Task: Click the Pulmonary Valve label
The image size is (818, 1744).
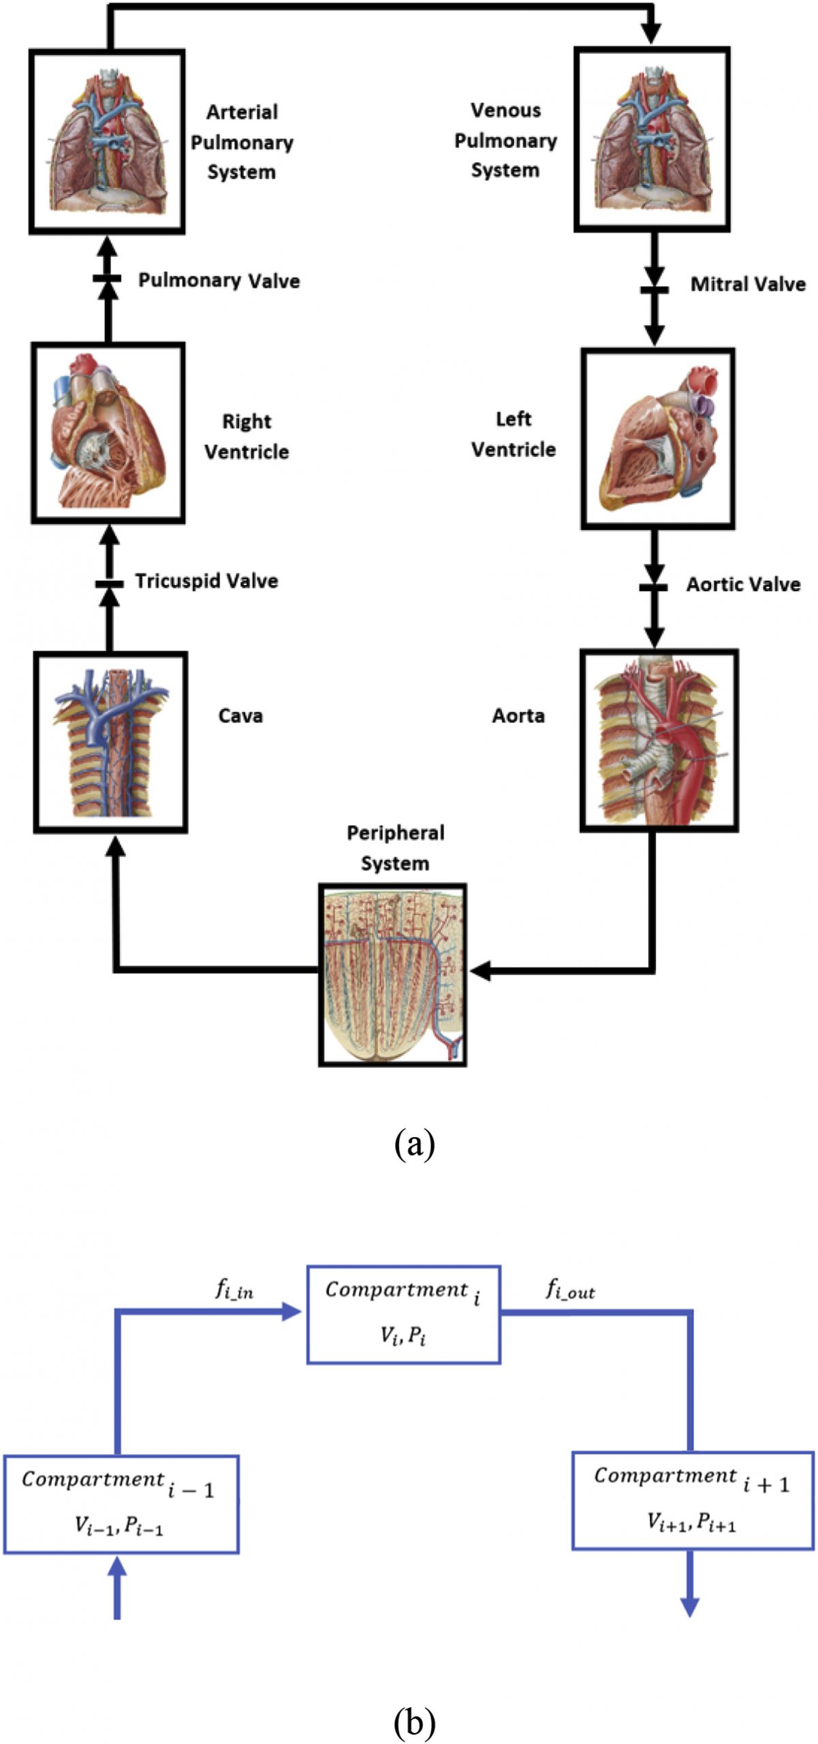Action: click(x=219, y=280)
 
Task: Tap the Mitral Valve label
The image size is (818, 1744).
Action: click(x=747, y=284)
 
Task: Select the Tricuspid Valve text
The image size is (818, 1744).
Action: click(x=206, y=581)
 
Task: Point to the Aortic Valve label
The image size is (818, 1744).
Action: click(x=743, y=585)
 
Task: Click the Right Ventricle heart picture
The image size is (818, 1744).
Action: click(x=108, y=433)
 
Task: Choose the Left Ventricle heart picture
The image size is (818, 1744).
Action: click(x=657, y=439)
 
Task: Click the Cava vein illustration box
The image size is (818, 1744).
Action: click(x=110, y=743)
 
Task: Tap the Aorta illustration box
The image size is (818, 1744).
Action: click(x=659, y=741)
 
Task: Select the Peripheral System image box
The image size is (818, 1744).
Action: click(x=393, y=975)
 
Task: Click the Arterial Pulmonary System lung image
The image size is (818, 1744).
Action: click(x=107, y=142)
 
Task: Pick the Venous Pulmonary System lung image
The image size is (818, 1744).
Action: click(x=652, y=140)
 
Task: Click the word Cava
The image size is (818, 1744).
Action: click(x=240, y=715)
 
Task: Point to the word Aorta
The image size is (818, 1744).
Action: click(x=518, y=715)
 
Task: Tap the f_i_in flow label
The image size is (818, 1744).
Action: click(x=234, y=1289)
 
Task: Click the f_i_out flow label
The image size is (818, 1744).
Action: click(x=570, y=1289)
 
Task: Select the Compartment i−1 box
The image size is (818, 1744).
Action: click(x=121, y=1504)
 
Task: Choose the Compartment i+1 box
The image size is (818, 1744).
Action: click(x=693, y=1500)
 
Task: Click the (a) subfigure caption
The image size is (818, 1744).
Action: click(x=414, y=1144)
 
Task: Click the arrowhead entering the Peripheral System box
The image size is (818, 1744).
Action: click(x=479, y=971)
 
